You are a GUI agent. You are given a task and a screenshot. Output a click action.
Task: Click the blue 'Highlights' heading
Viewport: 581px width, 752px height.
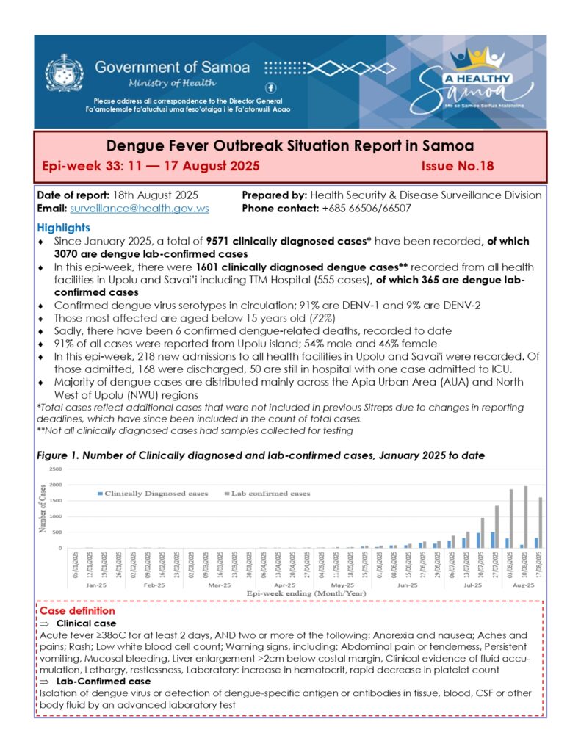point(64,228)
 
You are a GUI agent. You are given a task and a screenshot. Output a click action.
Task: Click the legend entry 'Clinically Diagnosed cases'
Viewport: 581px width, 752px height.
point(152,493)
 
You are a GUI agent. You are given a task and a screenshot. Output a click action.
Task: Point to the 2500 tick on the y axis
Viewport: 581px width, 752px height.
point(55,469)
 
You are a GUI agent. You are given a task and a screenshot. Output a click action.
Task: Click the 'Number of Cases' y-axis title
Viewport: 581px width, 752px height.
point(42,507)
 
